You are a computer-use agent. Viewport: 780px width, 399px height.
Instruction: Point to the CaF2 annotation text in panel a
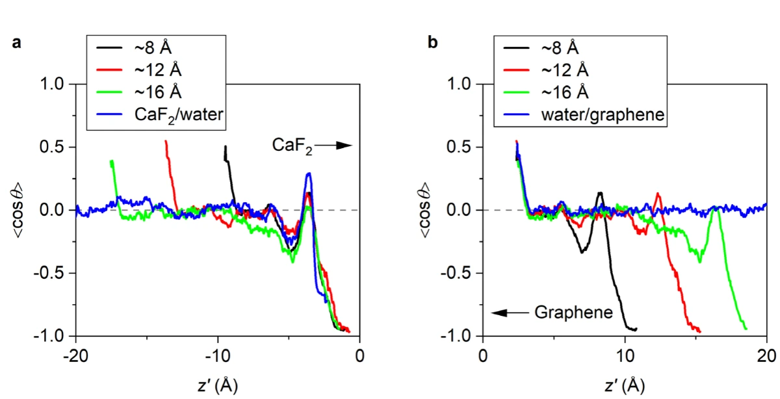(x=292, y=148)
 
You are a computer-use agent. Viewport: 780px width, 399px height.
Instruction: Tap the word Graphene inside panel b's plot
(x=573, y=313)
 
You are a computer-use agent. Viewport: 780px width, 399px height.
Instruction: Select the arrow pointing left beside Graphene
(x=511, y=313)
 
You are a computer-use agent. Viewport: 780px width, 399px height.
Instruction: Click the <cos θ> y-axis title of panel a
(x=23, y=210)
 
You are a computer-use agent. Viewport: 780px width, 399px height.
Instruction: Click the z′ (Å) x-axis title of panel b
(x=625, y=385)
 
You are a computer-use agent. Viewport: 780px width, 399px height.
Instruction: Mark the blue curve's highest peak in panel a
(x=309, y=174)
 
